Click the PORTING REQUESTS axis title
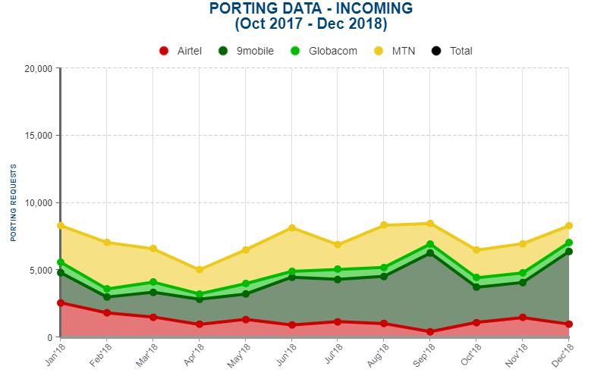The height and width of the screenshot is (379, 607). click(x=13, y=202)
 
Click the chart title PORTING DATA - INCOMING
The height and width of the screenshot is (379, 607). click(x=311, y=9)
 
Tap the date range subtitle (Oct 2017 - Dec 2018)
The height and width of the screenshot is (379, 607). click(x=311, y=24)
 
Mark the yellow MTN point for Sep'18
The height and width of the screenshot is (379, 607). click(x=430, y=224)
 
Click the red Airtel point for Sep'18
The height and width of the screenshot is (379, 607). click(x=430, y=332)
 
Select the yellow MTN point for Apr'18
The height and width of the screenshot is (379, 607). click(x=200, y=270)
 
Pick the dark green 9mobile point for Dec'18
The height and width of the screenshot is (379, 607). click(x=568, y=252)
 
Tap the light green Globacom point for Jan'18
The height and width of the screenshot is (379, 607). click(x=61, y=262)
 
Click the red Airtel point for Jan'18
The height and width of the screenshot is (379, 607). click(x=61, y=303)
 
